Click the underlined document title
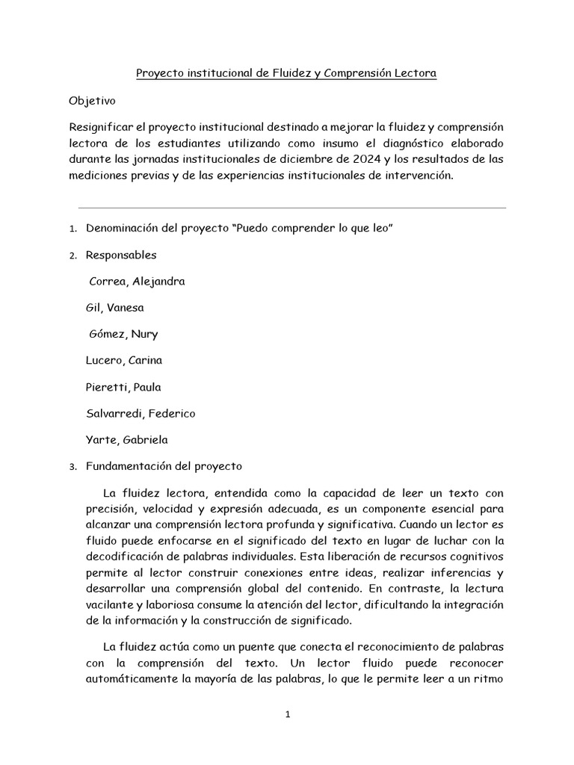[x=286, y=74]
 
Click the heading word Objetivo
[x=92, y=100]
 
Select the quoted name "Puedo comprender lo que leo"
[x=314, y=228]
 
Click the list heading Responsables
[x=121, y=255]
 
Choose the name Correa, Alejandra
[x=137, y=282]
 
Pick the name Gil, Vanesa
[x=116, y=308]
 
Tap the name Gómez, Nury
[x=123, y=334]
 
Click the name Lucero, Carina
[x=124, y=360]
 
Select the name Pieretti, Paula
[x=124, y=387]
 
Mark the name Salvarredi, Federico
[x=141, y=413]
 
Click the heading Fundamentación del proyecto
[x=164, y=466]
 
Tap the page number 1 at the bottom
[x=287, y=714]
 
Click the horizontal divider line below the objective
[x=291, y=208]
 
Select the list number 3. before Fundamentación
[x=72, y=467]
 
